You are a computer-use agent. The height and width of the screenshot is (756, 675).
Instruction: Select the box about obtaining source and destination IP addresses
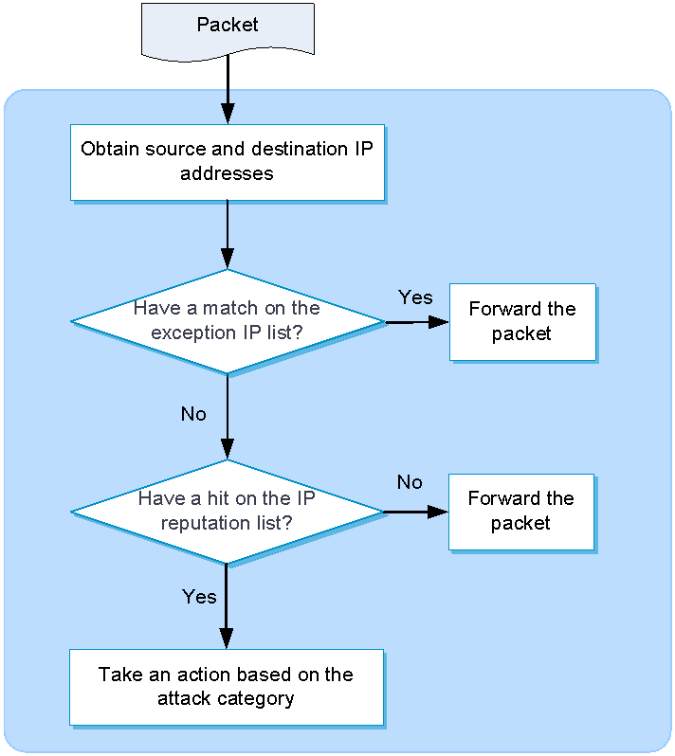pyautogui.click(x=228, y=163)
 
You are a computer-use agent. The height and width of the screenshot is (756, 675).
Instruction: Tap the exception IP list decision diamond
pyautogui.click(x=228, y=321)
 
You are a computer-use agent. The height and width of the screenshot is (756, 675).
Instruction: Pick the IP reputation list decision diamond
pyautogui.click(x=228, y=512)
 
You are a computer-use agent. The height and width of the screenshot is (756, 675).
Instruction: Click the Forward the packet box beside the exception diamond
pyautogui.click(x=522, y=322)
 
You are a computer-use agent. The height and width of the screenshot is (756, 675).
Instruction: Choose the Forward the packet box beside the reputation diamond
pyautogui.click(x=521, y=512)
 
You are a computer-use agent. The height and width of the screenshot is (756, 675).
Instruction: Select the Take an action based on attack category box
pyautogui.click(x=227, y=687)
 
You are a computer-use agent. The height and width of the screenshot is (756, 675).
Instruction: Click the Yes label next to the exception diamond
pyautogui.click(x=415, y=297)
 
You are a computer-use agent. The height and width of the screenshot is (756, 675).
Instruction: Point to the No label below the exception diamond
pyautogui.click(x=193, y=414)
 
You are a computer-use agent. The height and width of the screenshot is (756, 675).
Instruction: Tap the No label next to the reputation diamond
pyautogui.click(x=410, y=482)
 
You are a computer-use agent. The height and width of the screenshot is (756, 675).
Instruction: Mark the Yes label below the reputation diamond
pyautogui.click(x=199, y=597)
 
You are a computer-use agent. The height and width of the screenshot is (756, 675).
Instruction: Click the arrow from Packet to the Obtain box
pyautogui.click(x=228, y=90)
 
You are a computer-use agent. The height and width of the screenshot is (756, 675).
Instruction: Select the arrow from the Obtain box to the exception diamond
pyautogui.click(x=228, y=235)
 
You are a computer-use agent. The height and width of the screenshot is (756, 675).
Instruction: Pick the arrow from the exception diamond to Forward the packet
pyautogui.click(x=417, y=322)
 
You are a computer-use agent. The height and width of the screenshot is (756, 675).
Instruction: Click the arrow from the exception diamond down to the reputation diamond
pyautogui.click(x=228, y=417)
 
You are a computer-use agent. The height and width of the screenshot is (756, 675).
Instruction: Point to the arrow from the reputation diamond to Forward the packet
pyautogui.click(x=416, y=512)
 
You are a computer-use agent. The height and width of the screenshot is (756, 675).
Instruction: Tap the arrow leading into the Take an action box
pyautogui.click(x=227, y=606)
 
